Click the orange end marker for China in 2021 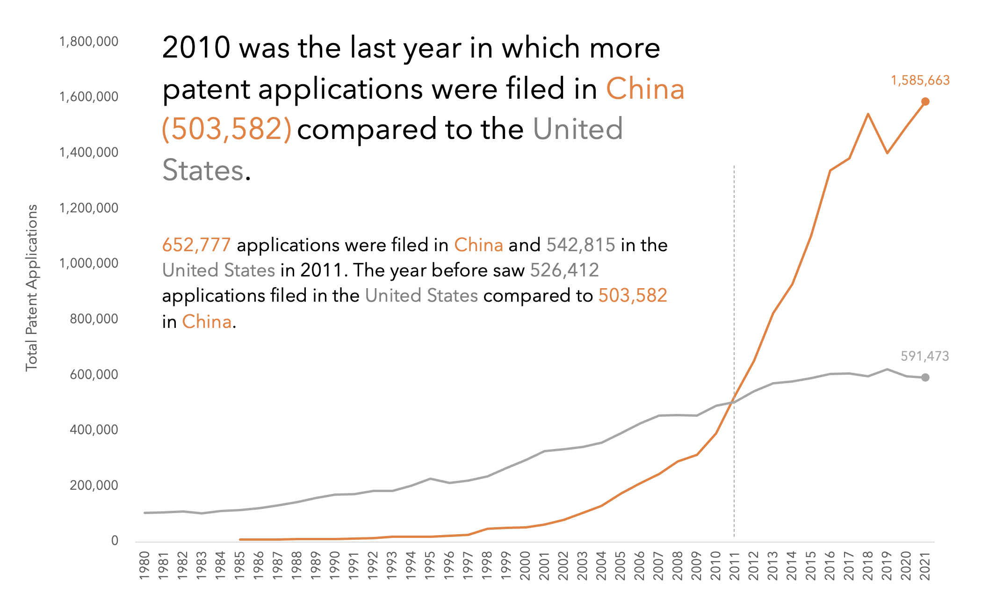coord(925,101)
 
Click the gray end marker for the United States coord(925,377)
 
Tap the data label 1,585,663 coord(920,80)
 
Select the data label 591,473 coord(924,356)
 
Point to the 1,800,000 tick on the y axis coord(89,42)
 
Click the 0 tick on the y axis coord(115,541)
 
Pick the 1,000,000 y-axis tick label coord(89,263)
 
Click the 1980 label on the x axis coord(144,565)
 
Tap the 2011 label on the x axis coord(734,565)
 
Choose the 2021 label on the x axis coord(925,565)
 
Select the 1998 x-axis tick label coord(487,565)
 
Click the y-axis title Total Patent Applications coord(31,288)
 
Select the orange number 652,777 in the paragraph coord(196,245)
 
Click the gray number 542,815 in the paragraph coord(581,245)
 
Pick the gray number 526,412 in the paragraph coord(564,270)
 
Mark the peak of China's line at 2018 coord(868,114)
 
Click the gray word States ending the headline coord(203,170)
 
